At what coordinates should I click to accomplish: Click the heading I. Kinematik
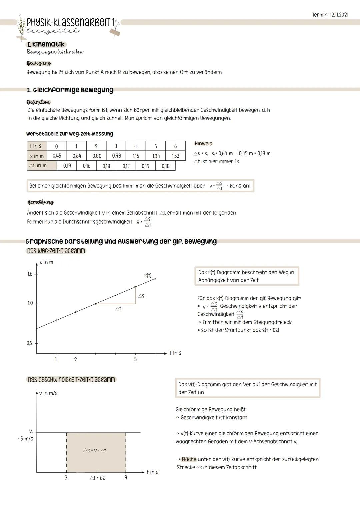coord(46,44)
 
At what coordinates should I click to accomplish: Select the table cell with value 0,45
coord(57,156)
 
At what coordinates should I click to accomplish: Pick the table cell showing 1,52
coord(175,156)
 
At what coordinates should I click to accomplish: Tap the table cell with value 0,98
coord(116,156)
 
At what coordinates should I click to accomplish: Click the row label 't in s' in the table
coord(36,146)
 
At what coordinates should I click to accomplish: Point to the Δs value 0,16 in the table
coord(87,166)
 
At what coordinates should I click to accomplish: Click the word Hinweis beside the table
coord(203,144)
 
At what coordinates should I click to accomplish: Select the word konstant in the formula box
coord(240,186)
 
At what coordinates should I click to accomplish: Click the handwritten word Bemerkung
coord(40,202)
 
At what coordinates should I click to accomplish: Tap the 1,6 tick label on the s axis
coord(30,274)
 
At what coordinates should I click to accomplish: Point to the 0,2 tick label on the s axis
coord(30,343)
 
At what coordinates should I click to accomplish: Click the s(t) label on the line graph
coord(148,275)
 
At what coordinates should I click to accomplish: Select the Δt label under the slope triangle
coord(118,309)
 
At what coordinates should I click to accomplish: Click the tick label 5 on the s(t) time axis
coord(135,359)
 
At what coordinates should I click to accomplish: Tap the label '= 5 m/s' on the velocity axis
coord(25,439)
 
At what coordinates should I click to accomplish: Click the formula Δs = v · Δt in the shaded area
coord(95,450)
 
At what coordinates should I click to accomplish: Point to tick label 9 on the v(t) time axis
coord(126,478)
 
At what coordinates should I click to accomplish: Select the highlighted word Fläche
coord(189,459)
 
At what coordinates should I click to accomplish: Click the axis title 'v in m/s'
coord(48,393)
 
